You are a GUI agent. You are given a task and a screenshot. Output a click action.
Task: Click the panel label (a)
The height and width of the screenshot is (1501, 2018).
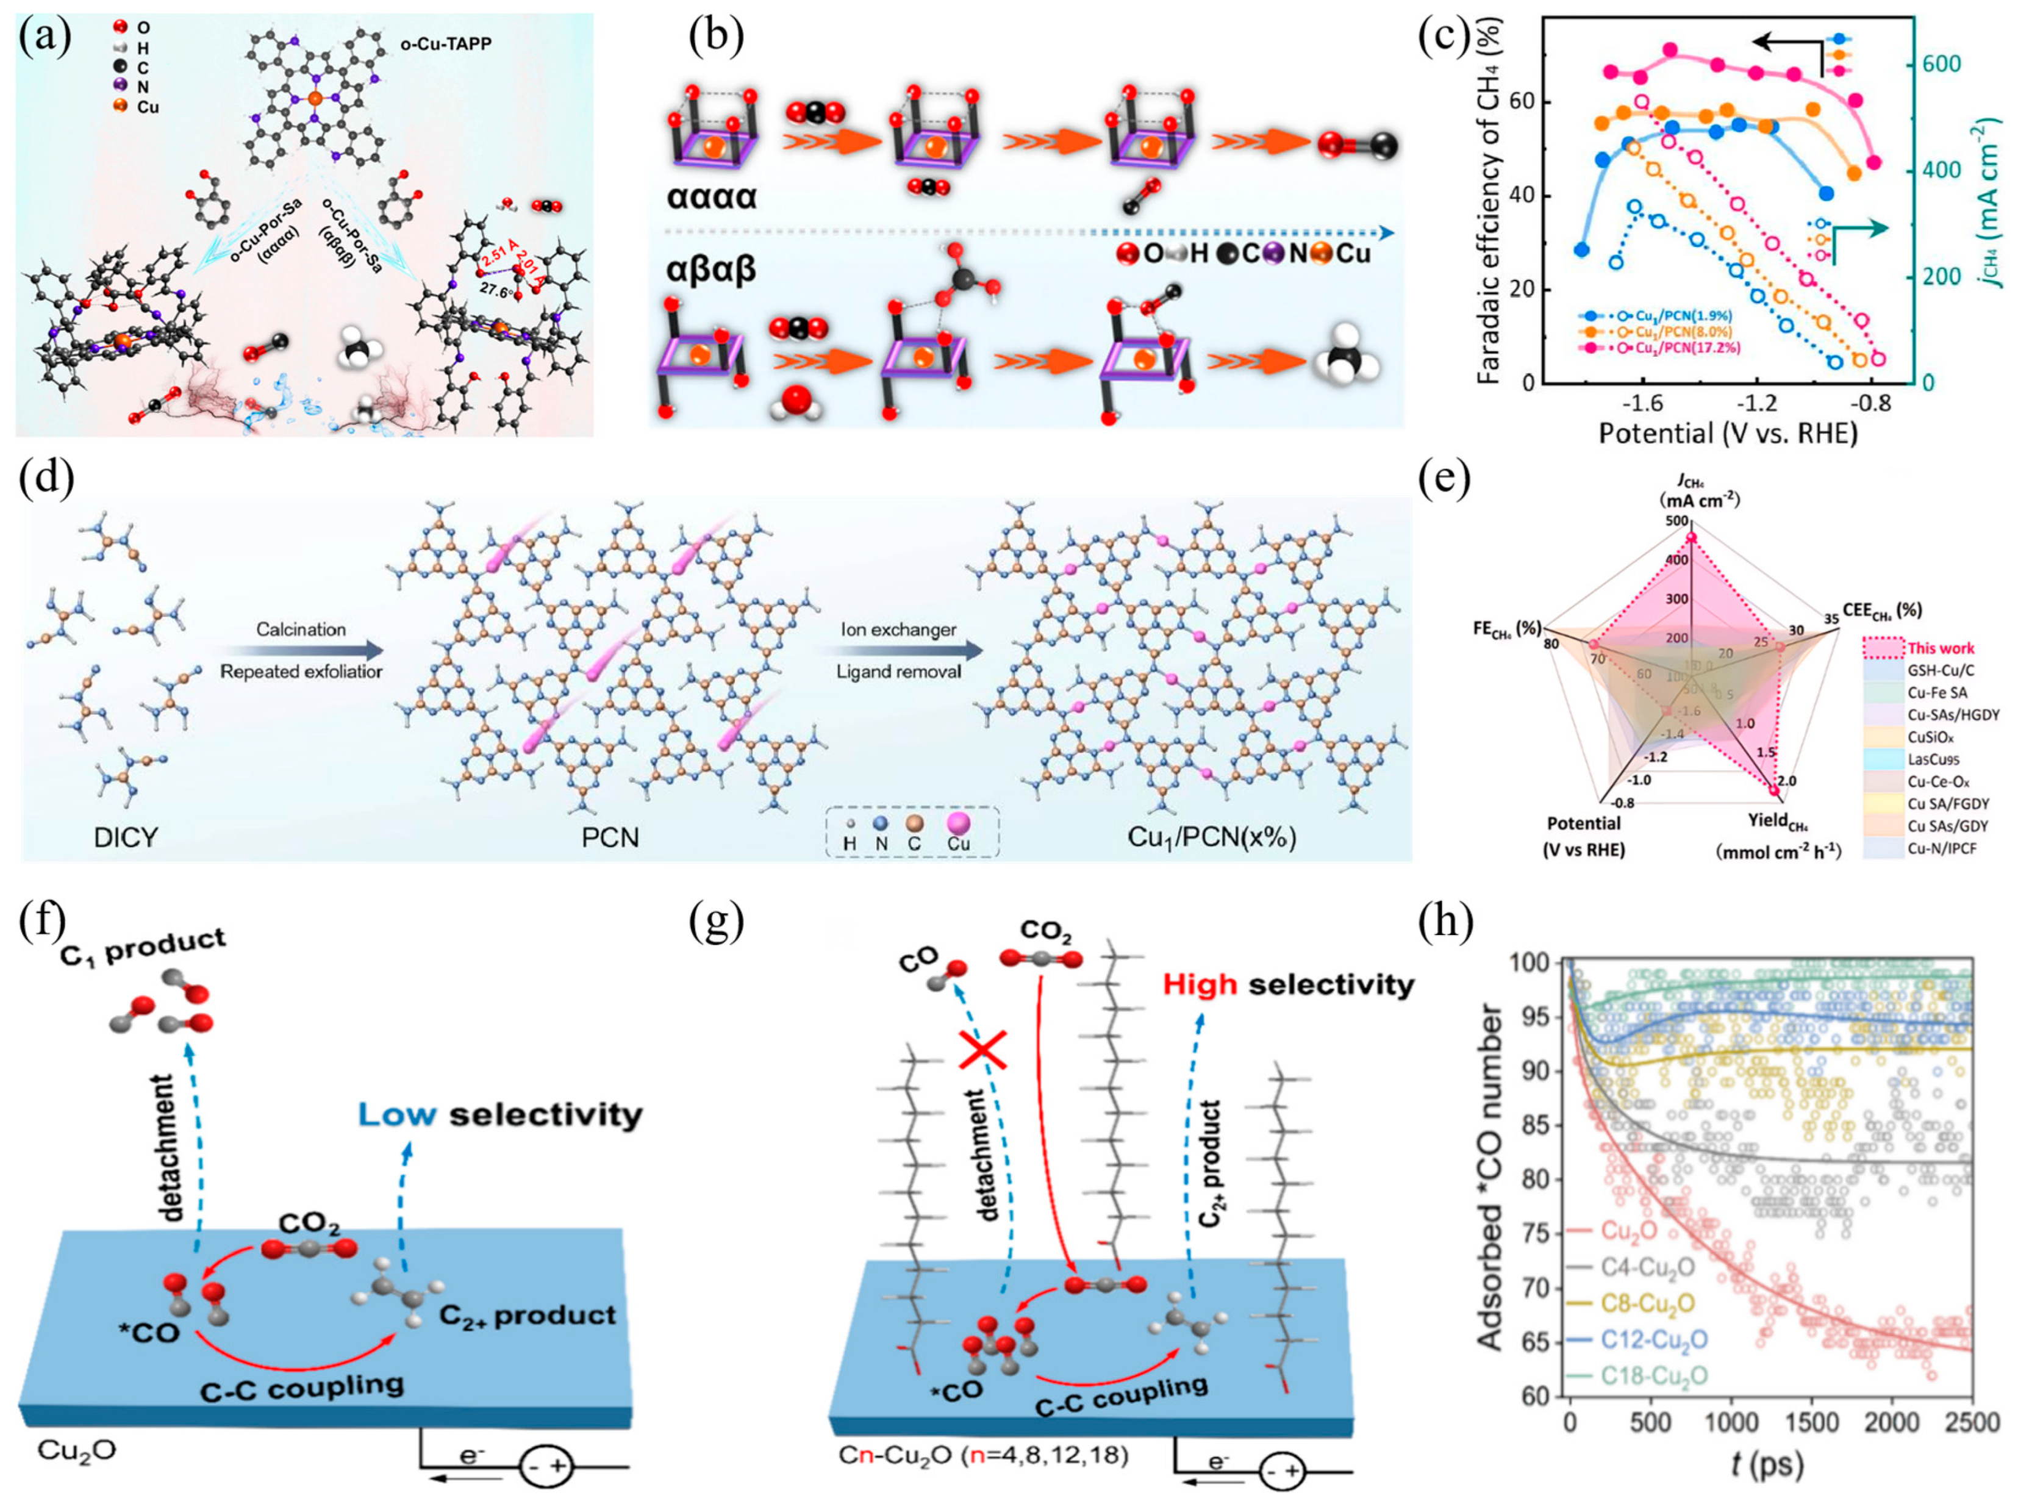point(45,39)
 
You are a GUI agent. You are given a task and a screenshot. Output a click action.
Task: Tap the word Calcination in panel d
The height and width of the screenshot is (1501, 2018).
point(301,629)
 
